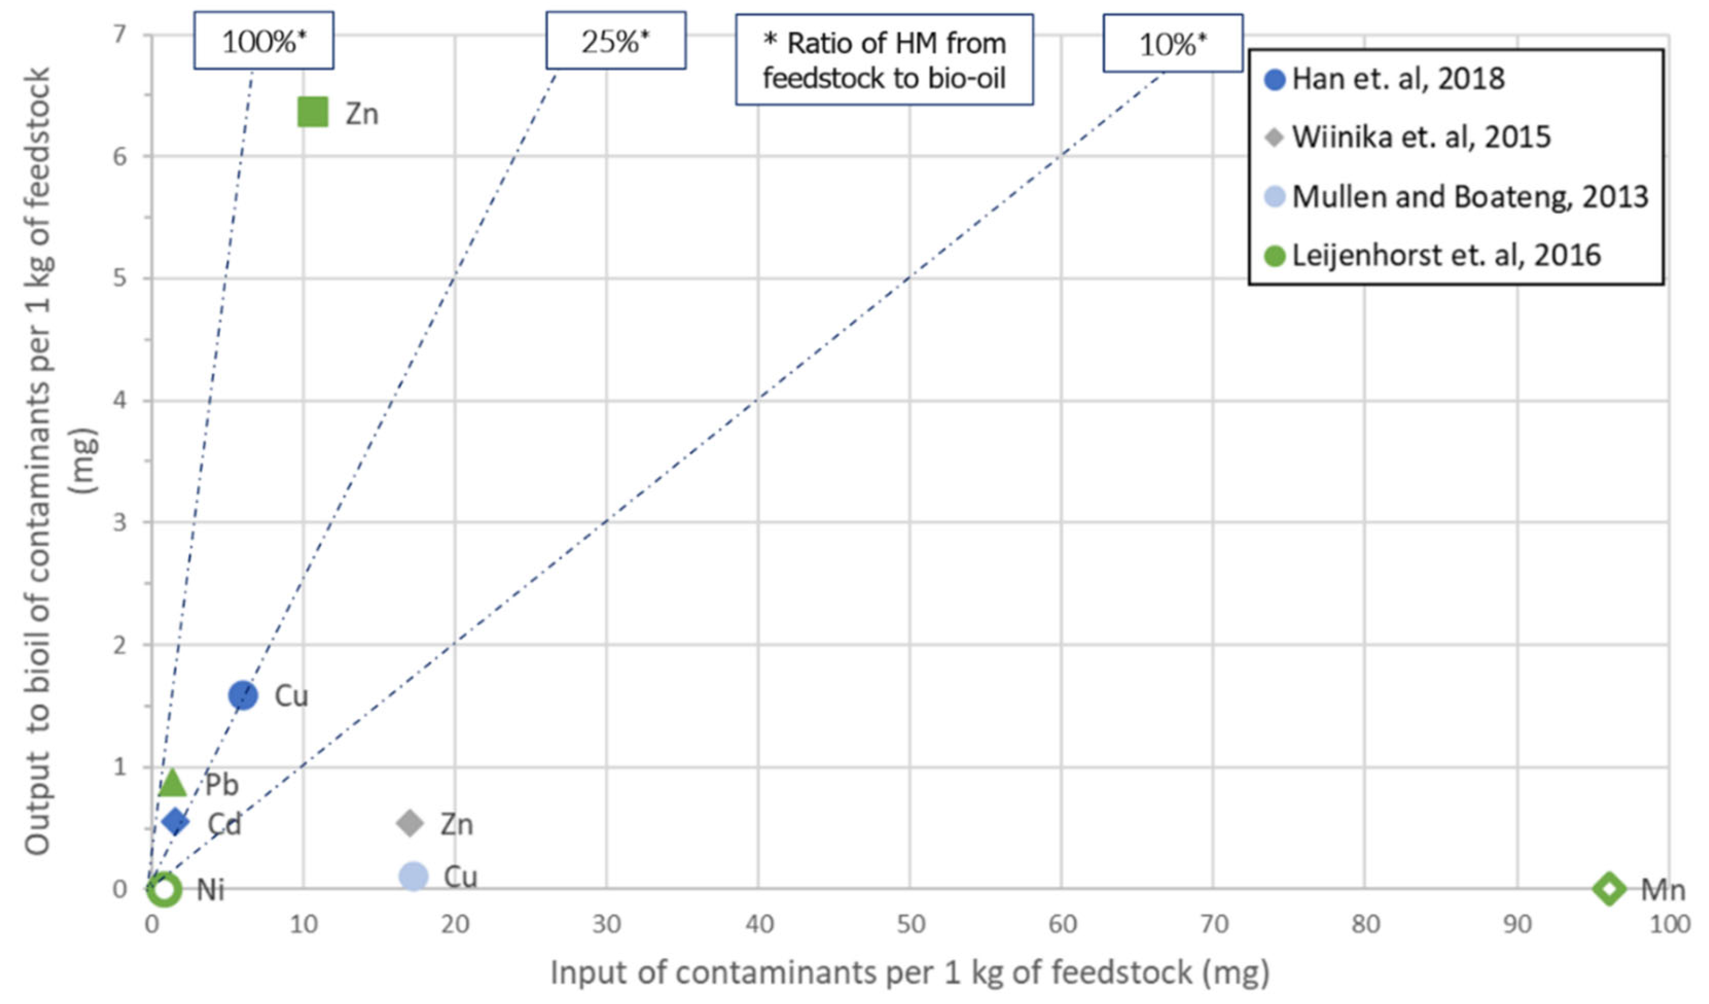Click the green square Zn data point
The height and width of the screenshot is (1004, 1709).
[x=313, y=112]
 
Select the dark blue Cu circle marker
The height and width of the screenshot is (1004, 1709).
[x=243, y=696]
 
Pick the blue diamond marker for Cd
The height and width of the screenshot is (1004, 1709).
[x=175, y=821]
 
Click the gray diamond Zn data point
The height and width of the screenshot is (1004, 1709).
[x=409, y=824]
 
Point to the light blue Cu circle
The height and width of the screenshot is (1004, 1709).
[x=413, y=877]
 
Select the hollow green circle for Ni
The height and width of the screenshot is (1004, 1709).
[x=164, y=889]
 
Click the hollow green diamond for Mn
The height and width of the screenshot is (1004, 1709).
[x=1610, y=889]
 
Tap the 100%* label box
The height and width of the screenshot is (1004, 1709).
[x=264, y=40]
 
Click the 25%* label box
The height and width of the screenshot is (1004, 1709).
[x=616, y=40]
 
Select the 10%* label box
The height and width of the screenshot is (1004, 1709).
[x=1172, y=43]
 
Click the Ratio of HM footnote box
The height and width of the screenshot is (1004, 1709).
[x=884, y=60]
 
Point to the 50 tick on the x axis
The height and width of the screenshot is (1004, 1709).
[x=910, y=924]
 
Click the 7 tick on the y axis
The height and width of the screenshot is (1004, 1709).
[x=120, y=34]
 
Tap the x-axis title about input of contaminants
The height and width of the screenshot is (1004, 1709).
[x=909, y=973]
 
